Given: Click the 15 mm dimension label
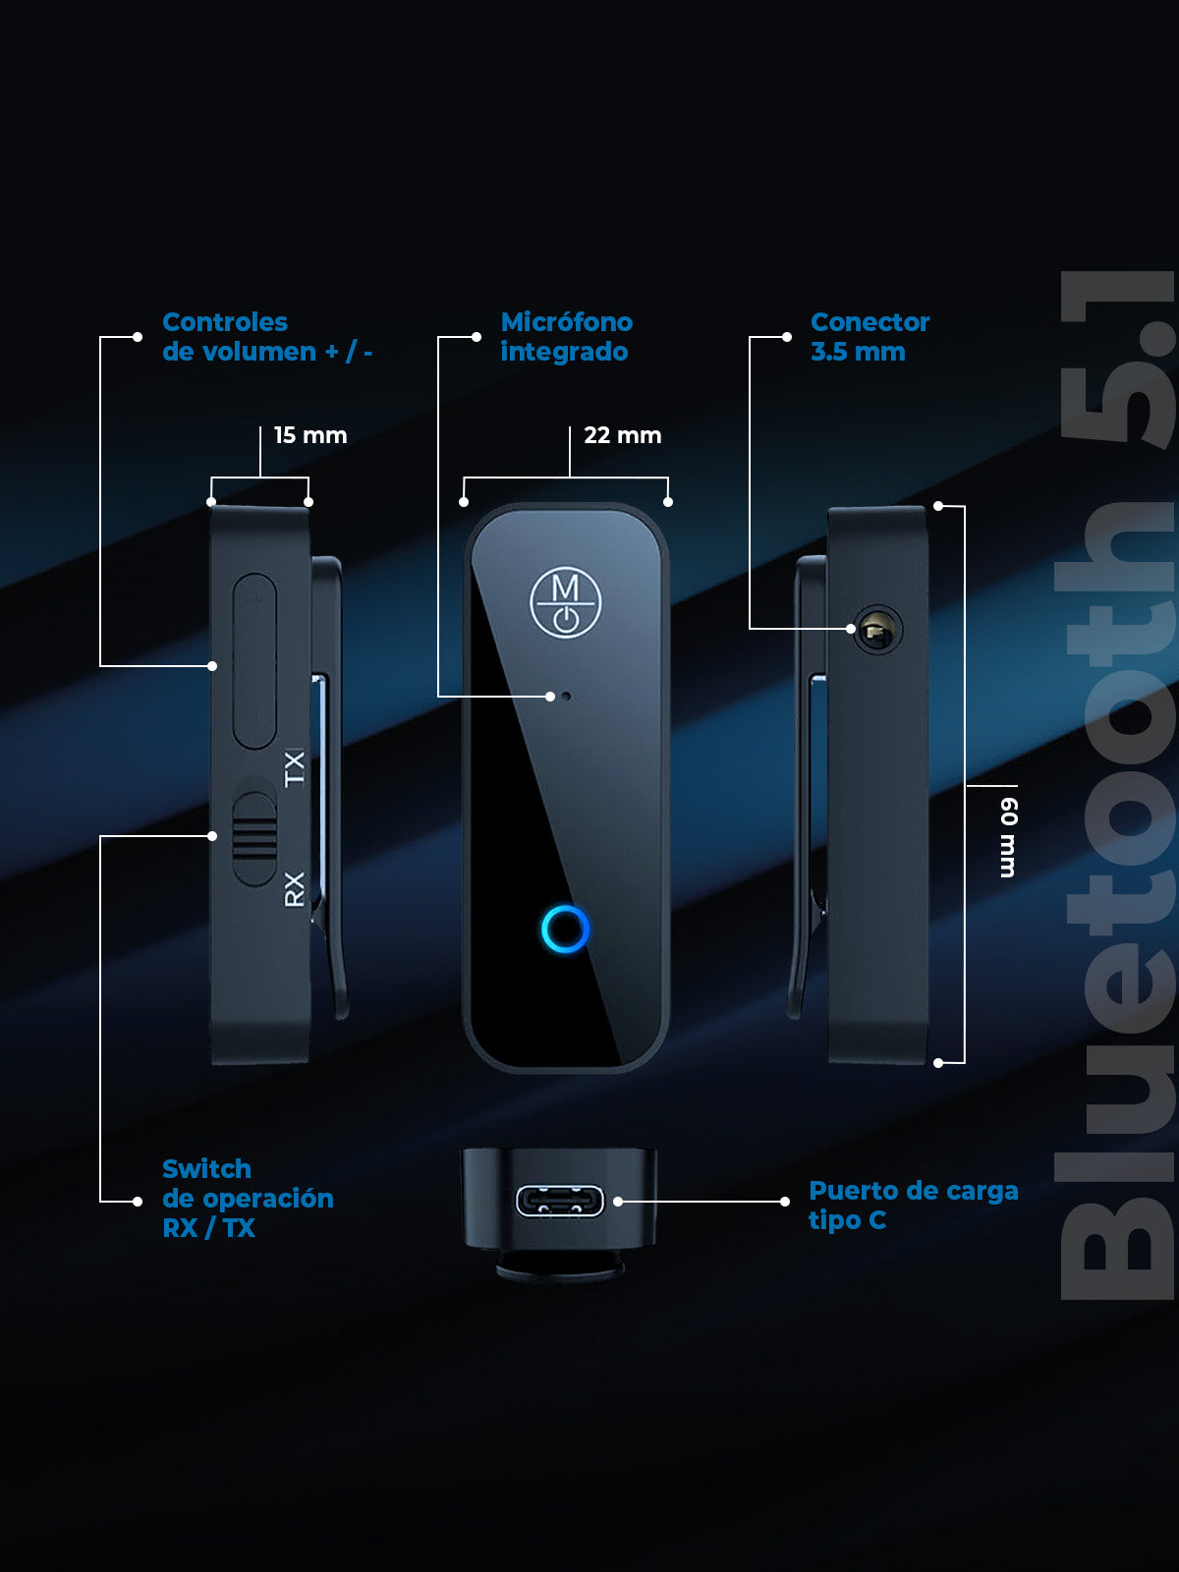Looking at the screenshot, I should coord(309,435).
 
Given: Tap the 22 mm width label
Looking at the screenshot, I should coord(622,435).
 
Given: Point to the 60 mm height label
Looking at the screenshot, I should coord(1008,837).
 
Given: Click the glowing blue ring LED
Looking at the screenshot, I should coord(566,928).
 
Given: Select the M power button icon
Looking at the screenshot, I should coord(566,602).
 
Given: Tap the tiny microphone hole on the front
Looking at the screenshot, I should coord(566,696).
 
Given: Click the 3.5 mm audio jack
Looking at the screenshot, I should coord(876,631).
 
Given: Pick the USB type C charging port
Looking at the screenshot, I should coord(560,1201).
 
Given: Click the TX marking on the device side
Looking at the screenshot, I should coord(295,767).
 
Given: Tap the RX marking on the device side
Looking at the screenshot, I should coord(295,888).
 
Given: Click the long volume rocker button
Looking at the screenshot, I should coord(254,661).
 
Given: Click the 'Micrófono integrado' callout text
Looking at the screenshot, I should coord(566,337).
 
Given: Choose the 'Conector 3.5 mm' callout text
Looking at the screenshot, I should coord(870,337).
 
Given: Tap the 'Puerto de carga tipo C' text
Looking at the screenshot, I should coord(912,1206).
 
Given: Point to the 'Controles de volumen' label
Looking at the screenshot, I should coord(266,337).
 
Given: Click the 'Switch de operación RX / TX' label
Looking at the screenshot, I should coord(247,1199).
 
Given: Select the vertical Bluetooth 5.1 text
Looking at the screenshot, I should coord(1118,786).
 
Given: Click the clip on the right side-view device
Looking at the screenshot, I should coord(808,786).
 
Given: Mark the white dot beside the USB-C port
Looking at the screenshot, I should coord(618,1202).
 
